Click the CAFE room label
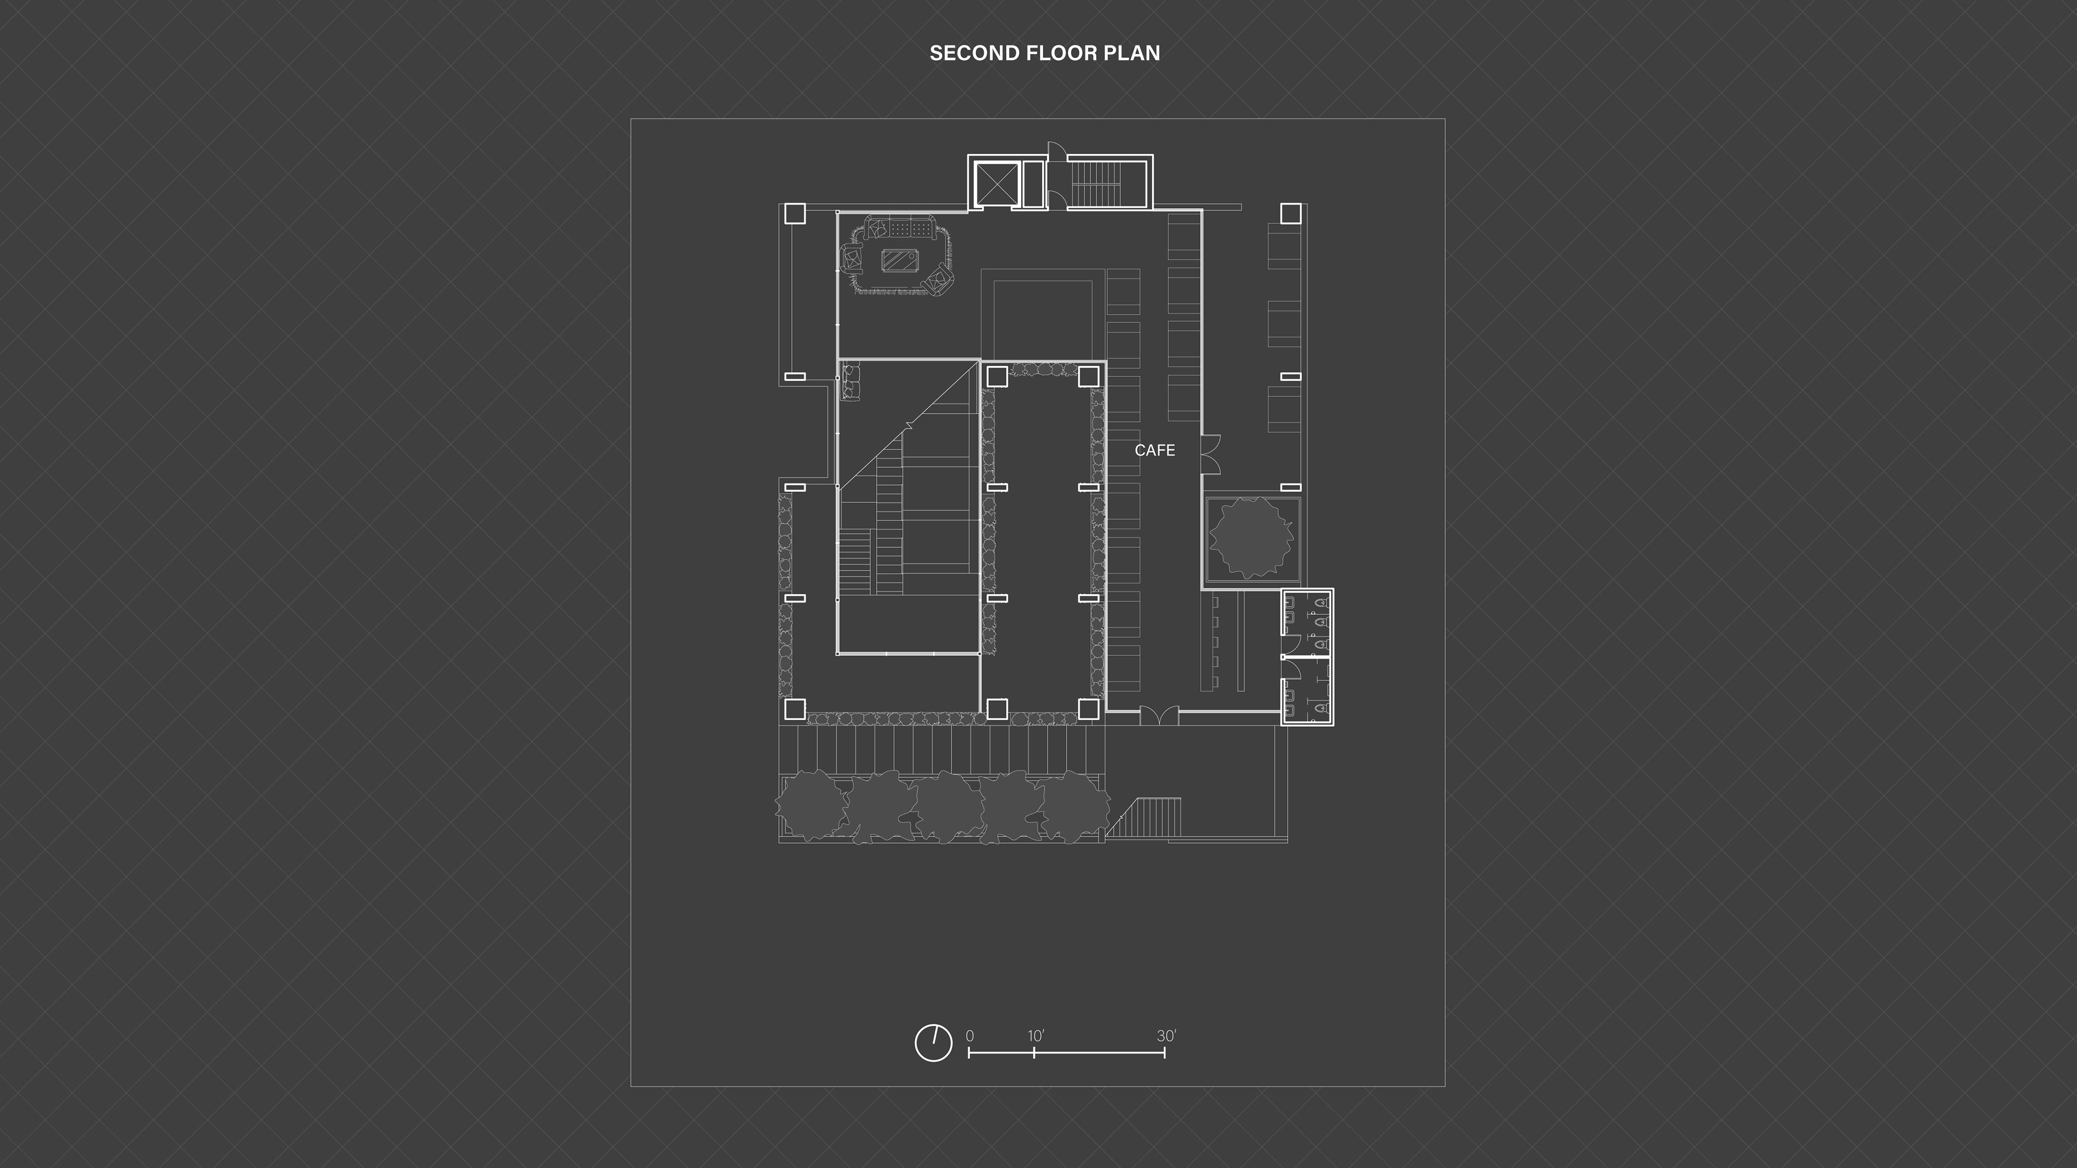1155,450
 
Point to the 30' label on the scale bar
1167,1036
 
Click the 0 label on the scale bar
969,1036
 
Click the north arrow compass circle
934,1043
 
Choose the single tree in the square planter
1251,537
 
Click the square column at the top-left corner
794,214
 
